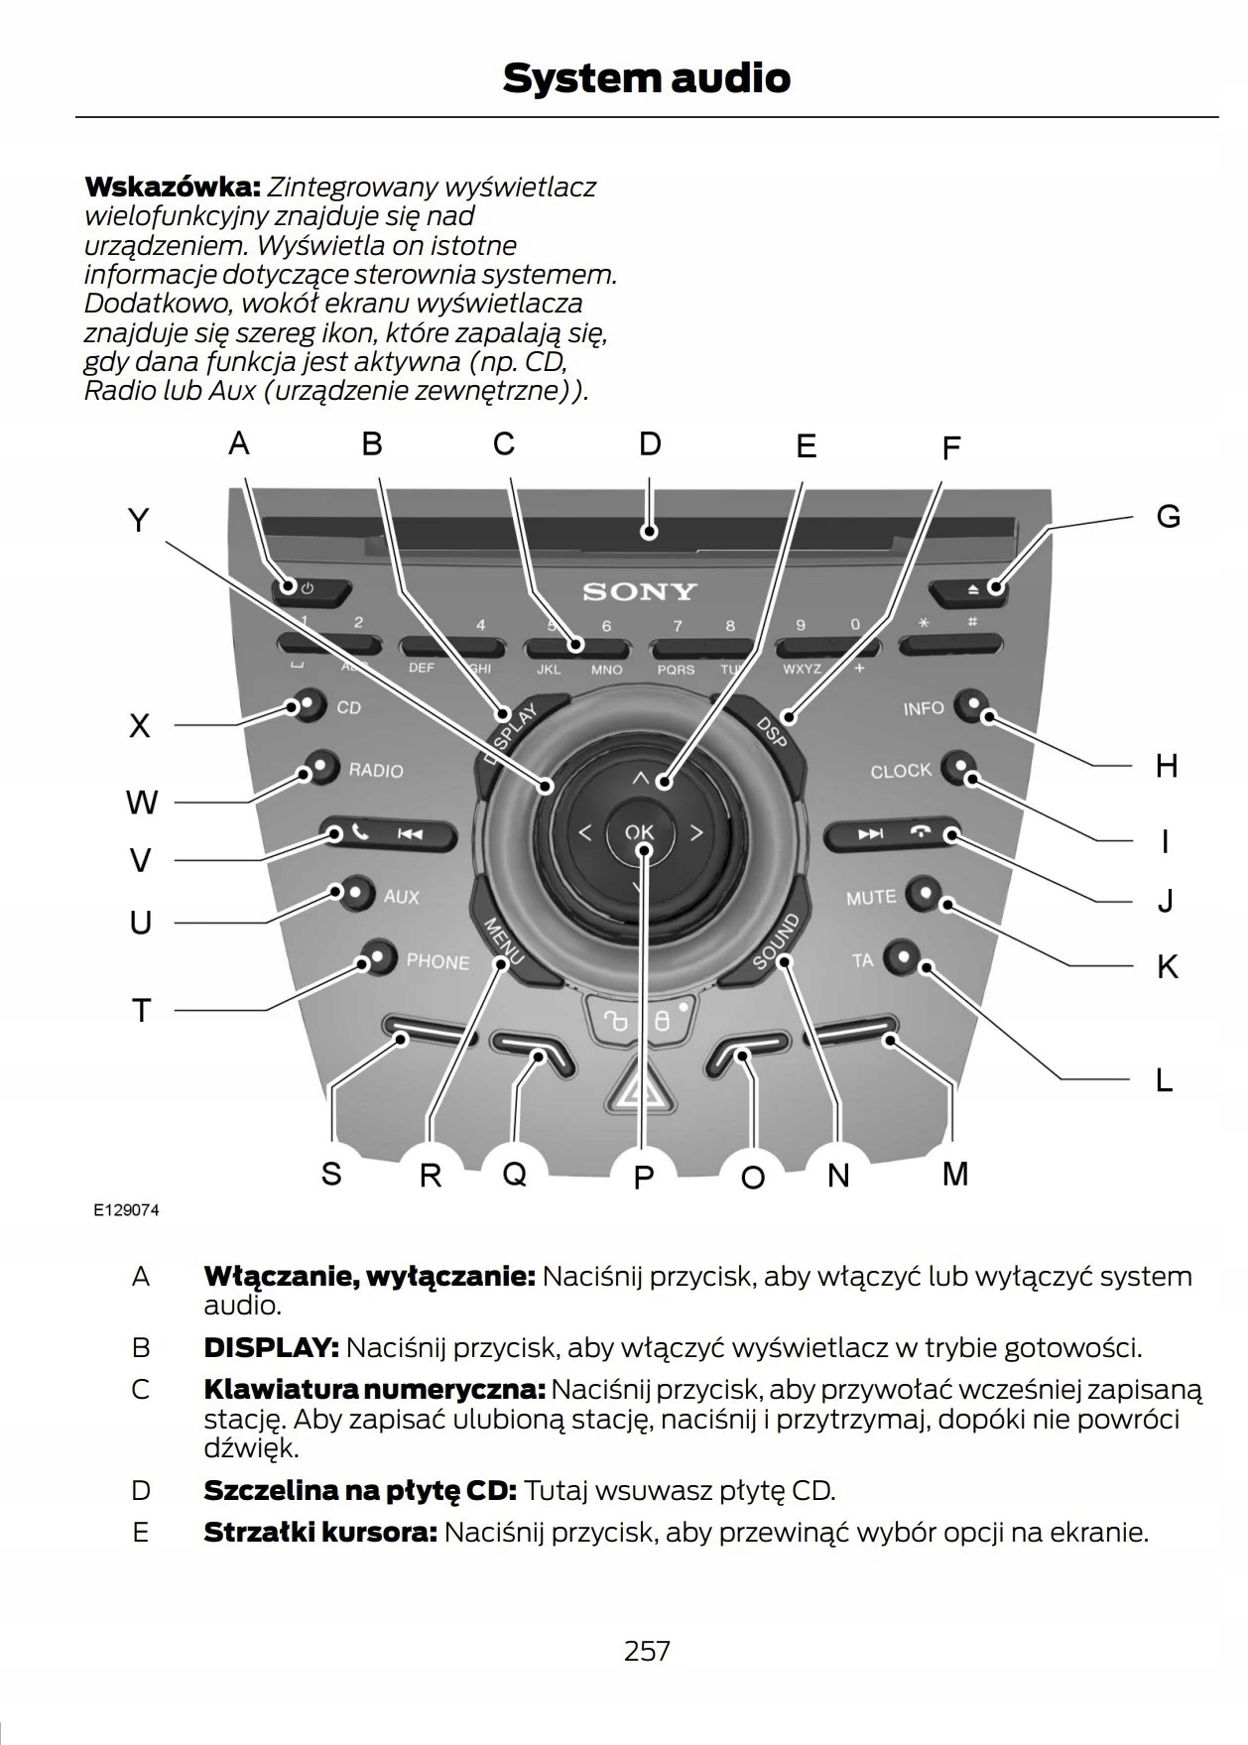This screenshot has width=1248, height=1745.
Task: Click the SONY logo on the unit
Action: point(640,592)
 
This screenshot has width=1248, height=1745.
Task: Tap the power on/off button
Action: point(310,589)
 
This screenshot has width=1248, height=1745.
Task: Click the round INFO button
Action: point(970,706)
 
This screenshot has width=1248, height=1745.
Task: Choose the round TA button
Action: point(902,957)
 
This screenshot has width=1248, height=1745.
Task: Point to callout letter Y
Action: point(139,521)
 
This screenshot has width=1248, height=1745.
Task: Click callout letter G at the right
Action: point(1168,517)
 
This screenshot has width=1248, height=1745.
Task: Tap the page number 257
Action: point(647,1651)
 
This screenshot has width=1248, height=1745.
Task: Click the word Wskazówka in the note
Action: point(172,187)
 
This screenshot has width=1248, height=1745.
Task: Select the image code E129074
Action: point(126,1210)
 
